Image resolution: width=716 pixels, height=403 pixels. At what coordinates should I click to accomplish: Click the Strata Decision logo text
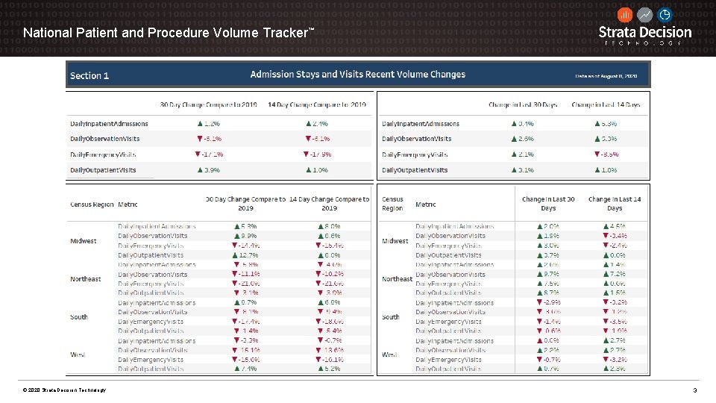(x=645, y=32)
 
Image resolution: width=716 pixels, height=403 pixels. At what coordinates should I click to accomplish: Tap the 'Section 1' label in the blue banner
(x=89, y=75)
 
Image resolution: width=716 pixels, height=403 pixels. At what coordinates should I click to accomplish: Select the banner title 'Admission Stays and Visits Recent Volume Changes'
(x=357, y=75)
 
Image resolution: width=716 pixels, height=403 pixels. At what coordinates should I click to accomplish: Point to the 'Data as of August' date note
(x=606, y=75)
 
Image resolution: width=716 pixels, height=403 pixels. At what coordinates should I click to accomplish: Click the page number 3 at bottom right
(x=694, y=390)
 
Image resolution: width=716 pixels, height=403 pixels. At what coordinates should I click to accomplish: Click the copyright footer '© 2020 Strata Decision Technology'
(x=64, y=390)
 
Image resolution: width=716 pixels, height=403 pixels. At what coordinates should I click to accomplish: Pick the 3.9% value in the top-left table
(x=209, y=170)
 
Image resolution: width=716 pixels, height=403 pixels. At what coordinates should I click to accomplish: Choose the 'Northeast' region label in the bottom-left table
(x=85, y=279)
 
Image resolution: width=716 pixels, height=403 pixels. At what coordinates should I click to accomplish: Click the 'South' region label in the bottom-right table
(x=391, y=317)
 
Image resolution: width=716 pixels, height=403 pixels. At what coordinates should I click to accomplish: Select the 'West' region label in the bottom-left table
(x=78, y=354)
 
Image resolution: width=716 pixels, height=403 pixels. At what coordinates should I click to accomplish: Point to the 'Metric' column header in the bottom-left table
(x=128, y=204)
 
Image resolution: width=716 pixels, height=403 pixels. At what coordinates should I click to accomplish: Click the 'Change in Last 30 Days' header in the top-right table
(x=523, y=104)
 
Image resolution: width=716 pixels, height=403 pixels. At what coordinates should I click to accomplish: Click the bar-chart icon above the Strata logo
(x=625, y=14)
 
